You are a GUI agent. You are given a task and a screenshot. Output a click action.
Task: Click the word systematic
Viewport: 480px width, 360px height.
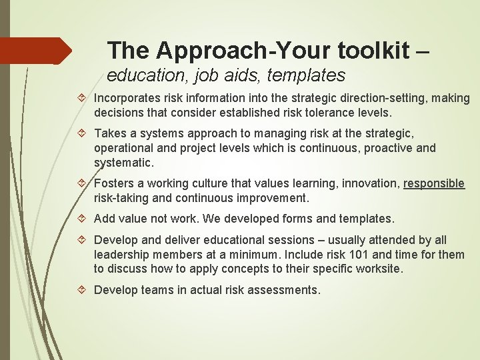coord(123,162)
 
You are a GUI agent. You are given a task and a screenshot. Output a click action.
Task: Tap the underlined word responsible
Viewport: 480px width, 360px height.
coord(434,184)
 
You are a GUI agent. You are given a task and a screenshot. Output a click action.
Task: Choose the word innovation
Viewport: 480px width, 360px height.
coord(367,184)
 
